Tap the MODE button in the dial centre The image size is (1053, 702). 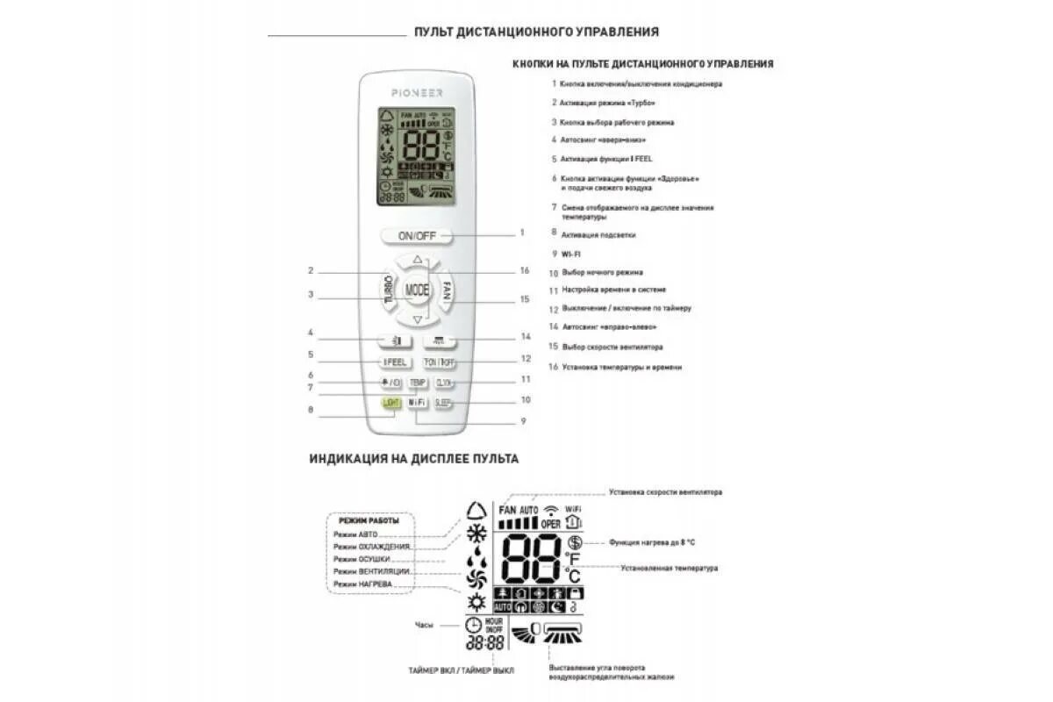tap(417, 290)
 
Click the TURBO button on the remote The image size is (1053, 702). tap(388, 290)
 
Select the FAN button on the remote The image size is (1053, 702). tap(446, 289)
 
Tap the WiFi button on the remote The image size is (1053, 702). tap(417, 403)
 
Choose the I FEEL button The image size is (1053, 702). tap(392, 362)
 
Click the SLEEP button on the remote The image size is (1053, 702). tap(443, 403)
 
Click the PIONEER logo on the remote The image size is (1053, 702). tap(417, 92)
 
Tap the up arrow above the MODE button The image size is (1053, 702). tap(417, 261)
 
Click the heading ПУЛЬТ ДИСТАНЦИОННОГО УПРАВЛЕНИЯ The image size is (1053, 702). tap(536, 32)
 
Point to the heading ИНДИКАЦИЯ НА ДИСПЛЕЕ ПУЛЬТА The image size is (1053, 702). tap(413, 458)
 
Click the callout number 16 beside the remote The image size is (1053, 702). tap(524, 270)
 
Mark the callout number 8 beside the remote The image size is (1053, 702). tap(311, 409)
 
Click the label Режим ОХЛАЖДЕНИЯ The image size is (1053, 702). tap(372, 547)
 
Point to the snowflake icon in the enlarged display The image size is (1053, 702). tap(476, 534)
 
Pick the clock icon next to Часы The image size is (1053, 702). tap(473, 625)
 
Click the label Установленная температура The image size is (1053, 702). tap(669, 569)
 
